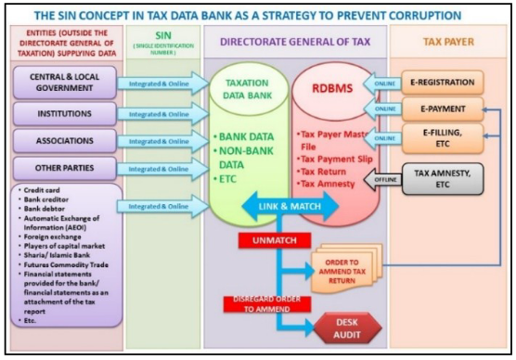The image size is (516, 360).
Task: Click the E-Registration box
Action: (x=449, y=82)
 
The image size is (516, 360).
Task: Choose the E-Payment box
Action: (x=449, y=109)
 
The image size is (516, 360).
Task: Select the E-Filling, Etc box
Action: (x=449, y=138)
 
